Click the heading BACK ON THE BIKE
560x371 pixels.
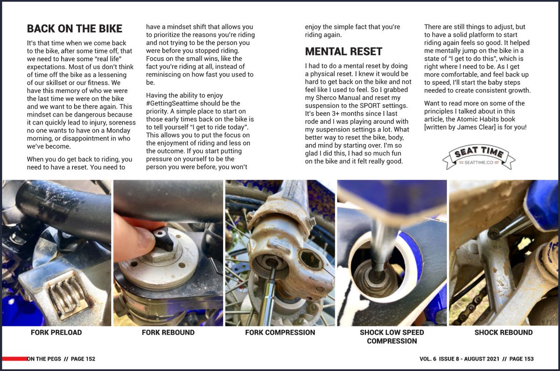click(75, 28)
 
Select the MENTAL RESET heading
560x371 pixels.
click(343, 51)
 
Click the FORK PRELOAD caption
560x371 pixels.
click(56, 333)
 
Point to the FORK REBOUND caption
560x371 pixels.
click(168, 333)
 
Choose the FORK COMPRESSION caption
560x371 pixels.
click(280, 333)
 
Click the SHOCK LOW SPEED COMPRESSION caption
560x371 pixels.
click(392, 336)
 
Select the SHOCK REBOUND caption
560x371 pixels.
click(503, 333)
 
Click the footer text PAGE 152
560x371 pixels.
click(83, 359)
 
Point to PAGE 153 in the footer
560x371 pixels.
click(521, 359)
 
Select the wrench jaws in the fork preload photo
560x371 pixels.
click(65, 294)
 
